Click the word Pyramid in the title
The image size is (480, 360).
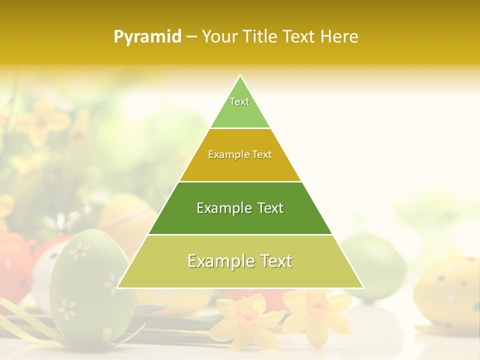[x=147, y=37]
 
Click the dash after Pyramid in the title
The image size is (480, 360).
[x=191, y=37]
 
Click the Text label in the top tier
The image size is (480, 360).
[x=239, y=101]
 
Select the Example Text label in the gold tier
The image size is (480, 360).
[x=240, y=155]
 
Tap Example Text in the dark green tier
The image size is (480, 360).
[x=240, y=208]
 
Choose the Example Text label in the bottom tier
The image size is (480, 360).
[x=240, y=261]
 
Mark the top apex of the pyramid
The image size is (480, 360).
[x=240, y=75]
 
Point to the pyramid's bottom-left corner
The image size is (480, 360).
[x=117, y=287]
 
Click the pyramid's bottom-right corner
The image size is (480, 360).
[x=363, y=287]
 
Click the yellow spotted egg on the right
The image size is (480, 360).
[x=445, y=290]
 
